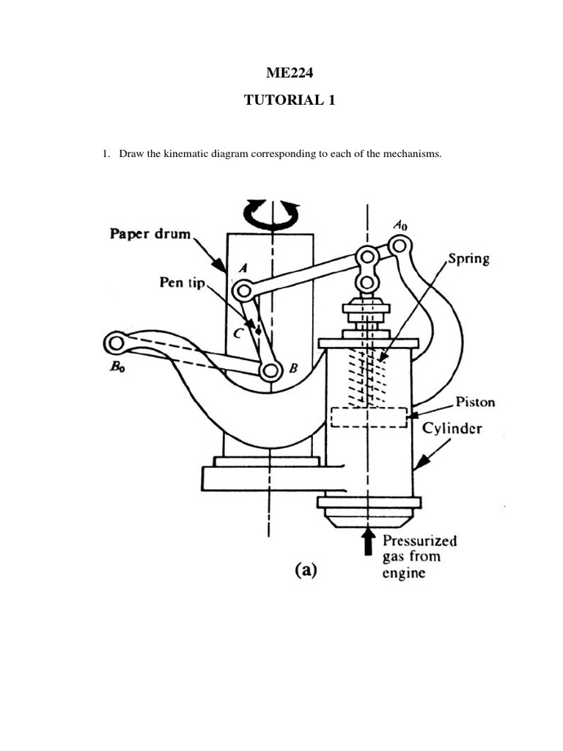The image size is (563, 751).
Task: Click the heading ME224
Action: click(x=289, y=72)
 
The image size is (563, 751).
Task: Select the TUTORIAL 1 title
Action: click(x=289, y=101)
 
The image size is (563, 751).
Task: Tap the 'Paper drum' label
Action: click(x=150, y=235)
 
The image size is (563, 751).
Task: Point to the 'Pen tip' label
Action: click(x=183, y=282)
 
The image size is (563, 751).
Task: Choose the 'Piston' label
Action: click(x=474, y=402)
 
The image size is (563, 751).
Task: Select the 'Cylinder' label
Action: click(x=452, y=428)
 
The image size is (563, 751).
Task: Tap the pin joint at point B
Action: click(x=271, y=372)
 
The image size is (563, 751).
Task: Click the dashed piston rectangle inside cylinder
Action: click(x=369, y=417)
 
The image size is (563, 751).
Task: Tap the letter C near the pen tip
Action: click(x=236, y=331)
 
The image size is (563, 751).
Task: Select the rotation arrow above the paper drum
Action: click(x=272, y=210)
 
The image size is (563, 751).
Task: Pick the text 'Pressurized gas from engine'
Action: click(x=419, y=557)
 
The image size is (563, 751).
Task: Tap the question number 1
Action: click(x=105, y=155)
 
